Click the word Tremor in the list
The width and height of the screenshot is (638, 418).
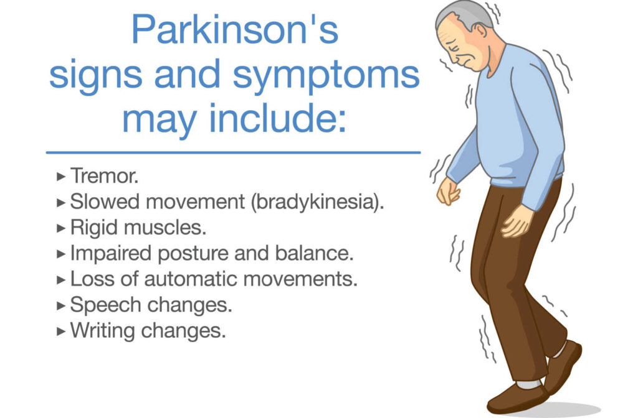pyautogui.click(x=103, y=176)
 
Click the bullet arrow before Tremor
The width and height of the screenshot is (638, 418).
pyautogui.click(x=60, y=177)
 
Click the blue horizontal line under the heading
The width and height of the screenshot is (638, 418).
pyautogui.click(x=233, y=152)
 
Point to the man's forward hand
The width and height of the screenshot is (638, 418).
pyautogui.click(x=448, y=192)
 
